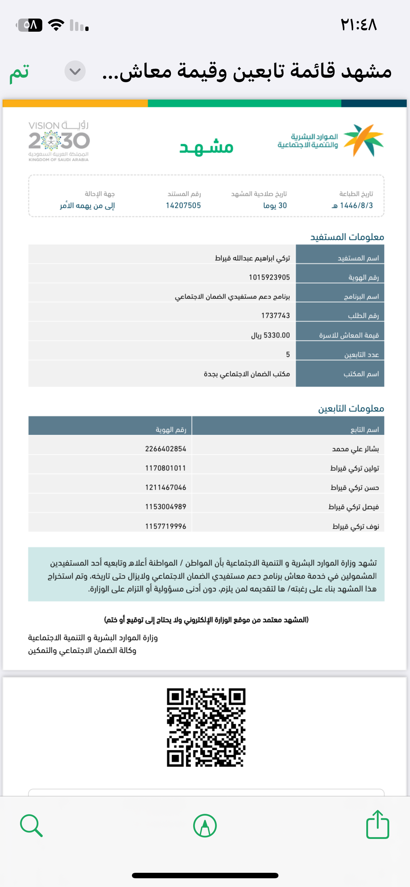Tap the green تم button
(19, 72)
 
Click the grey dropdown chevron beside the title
(75, 71)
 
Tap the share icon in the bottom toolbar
(377, 825)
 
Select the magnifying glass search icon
(31, 825)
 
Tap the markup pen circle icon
(205, 825)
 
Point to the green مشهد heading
(206, 147)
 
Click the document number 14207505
(183, 205)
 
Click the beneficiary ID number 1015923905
(269, 277)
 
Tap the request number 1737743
(276, 316)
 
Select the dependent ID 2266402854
(165, 449)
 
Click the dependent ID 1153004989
(165, 506)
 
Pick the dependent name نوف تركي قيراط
(356, 526)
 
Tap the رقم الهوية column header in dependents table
(171, 430)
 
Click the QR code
(206, 727)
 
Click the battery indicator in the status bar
(29, 25)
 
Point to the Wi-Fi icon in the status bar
(56, 25)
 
